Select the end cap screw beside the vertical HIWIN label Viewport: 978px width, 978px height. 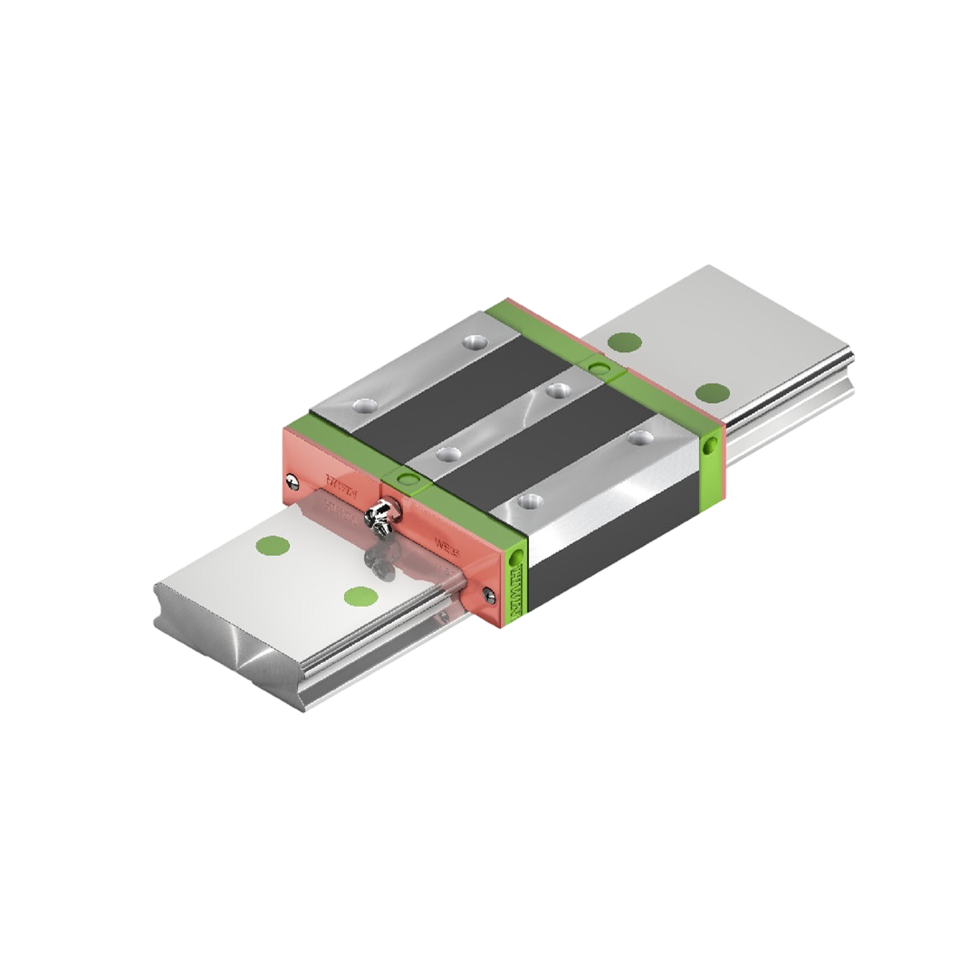(x=489, y=593)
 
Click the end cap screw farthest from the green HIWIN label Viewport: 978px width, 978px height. (x=290, y=480)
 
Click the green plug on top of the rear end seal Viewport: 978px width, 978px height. (x=599, y=366)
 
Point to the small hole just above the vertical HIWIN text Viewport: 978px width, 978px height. (x=518, y=554)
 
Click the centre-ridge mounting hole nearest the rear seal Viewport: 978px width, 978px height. (x=559, y=389)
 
